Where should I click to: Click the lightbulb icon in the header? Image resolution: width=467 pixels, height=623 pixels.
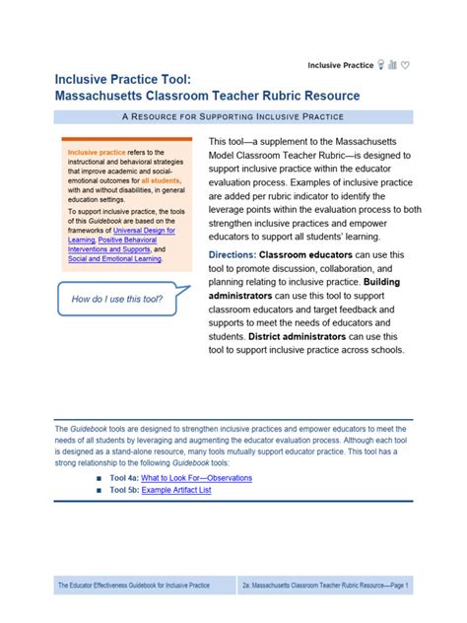click(380, 65)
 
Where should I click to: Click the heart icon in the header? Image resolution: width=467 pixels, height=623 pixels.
click(405, 65)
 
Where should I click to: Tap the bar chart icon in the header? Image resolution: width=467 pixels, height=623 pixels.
click(392, 65)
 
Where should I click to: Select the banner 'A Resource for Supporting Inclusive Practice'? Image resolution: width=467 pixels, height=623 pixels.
click(233, 117)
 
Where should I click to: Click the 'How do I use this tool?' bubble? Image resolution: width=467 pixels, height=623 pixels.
click(108, 298)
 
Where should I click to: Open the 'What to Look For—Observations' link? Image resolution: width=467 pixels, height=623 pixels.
click(197, 477)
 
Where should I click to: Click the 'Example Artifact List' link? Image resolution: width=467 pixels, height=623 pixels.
click(176, 490)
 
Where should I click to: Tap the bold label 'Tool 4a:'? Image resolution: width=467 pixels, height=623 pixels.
click(124, 477)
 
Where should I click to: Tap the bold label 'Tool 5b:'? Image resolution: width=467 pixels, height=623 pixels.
click(124, 490)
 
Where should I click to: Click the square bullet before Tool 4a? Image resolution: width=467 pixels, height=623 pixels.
click(100, 478)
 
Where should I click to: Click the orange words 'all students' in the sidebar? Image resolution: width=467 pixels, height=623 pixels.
click(162, 181)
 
